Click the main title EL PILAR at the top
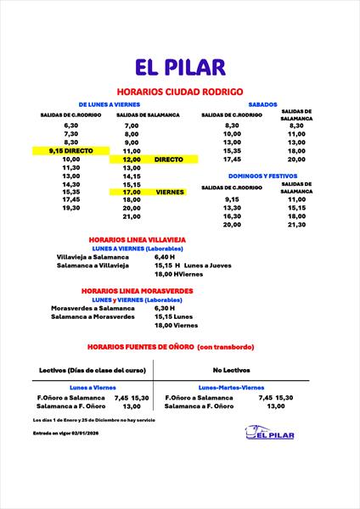179,67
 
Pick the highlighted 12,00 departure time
131,159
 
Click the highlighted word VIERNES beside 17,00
171,192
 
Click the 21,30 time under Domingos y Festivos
296,225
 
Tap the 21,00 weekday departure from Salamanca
131,216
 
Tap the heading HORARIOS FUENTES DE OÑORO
179,347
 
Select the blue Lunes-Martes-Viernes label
229,387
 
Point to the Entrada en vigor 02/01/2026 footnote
65,433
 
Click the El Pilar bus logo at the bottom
269,434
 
